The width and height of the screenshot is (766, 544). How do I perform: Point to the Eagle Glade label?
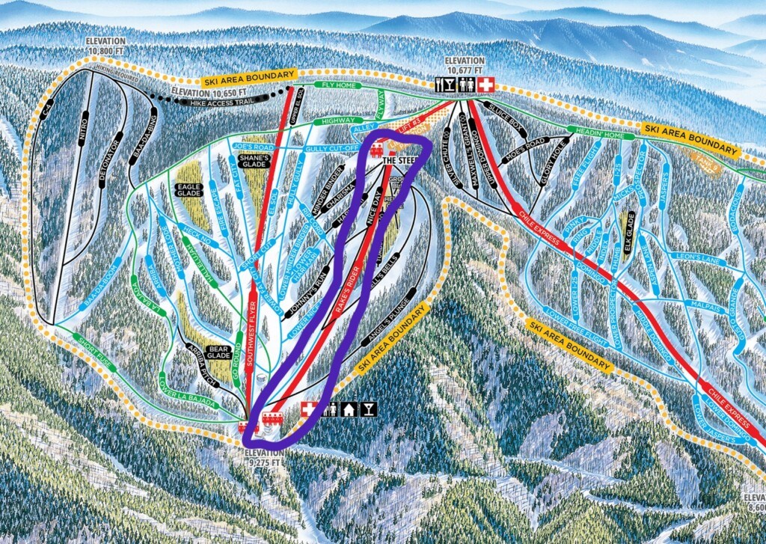(186, 190)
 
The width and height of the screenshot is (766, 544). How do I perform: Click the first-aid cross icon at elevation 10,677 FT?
(486, 85)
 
